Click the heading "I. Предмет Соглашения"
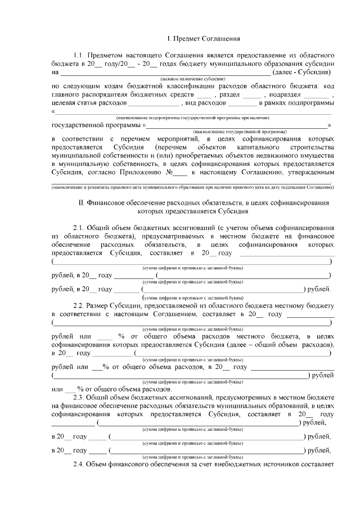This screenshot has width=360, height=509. click(x=204, y=39)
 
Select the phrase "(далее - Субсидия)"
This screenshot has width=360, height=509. click(x=301, y=73)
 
